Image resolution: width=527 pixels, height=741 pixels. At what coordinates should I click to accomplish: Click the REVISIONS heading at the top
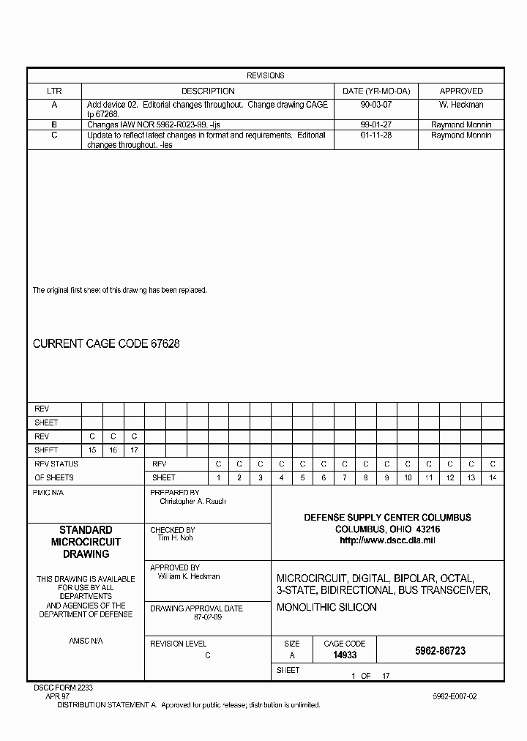click(x=265, y=75)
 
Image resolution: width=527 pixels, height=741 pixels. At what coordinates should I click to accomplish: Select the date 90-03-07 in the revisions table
click(x=376, y=105)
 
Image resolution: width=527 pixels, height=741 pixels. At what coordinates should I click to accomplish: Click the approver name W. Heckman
click(x=460, y=105)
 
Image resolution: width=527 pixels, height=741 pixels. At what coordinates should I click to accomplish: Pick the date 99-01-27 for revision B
click(x=376, y=125)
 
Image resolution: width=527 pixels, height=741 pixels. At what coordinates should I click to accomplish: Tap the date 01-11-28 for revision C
click(x=376, y=135)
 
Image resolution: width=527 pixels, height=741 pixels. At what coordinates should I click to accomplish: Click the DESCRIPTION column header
click(x=208, y=91)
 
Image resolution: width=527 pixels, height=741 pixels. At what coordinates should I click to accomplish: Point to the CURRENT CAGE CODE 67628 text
click(x=106, y=343)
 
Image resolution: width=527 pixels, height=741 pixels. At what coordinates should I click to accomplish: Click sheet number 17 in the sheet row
click(x=134, y=450)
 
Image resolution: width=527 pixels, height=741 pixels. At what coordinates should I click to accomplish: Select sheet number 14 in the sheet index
click(x=493, y=477)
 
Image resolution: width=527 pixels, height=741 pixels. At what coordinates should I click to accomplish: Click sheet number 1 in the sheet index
click(x=218, y=477)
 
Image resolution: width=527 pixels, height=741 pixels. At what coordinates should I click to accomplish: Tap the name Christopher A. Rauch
click(x=193, y=502)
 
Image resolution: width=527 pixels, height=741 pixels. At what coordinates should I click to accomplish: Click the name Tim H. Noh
click(x=175, y=538)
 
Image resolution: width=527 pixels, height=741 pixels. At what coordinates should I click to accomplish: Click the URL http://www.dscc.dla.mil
click(x=387, y=540)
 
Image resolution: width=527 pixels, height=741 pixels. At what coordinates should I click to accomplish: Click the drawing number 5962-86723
click(x=439, y=650)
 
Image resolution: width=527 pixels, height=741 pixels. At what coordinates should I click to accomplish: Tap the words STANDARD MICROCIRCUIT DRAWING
click(x=86, y=542)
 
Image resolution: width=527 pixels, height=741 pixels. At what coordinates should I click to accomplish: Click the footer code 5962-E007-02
click(x=454, y=696)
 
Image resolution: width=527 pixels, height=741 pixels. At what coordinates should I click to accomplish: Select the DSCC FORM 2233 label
click(x=64, y=688)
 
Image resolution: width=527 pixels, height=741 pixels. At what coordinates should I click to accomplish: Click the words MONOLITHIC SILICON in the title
click(x=326, y=607)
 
